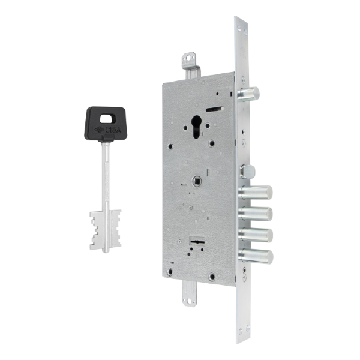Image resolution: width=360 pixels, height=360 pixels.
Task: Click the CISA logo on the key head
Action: (107, 130)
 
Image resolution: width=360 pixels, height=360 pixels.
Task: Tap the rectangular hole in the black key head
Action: (106, 119)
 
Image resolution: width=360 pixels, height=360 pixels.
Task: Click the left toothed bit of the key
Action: (96, 230)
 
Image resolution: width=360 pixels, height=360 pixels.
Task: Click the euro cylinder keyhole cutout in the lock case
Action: (196, 127)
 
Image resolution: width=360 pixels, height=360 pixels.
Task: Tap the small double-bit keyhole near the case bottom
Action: (197, 242)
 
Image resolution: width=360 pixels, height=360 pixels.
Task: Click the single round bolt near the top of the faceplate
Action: (248, 94)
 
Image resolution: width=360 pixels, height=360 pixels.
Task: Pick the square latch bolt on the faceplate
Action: (247, 171)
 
